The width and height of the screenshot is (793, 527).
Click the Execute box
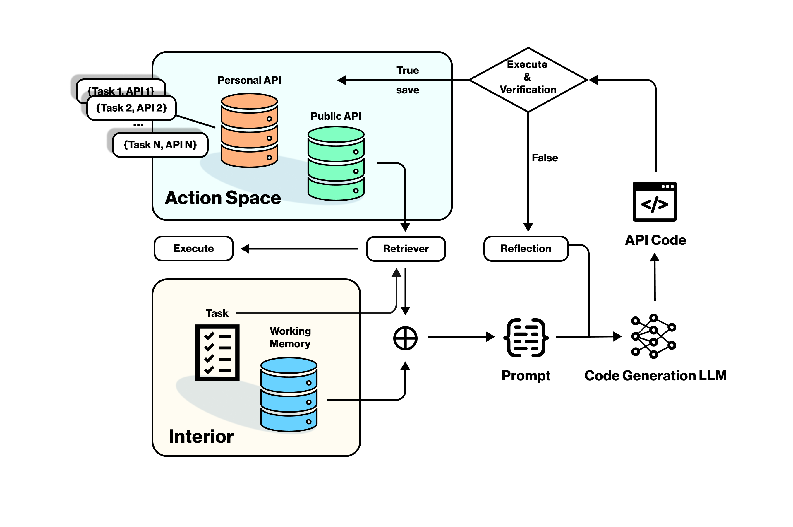click(x=193, y=248)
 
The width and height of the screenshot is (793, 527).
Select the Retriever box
click(x=406, y=249)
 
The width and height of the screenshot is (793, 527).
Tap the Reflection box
click(x=526, y=248)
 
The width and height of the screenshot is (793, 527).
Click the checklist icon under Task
click(x=217, y=353)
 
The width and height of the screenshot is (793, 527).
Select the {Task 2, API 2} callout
click(x=131, y=108)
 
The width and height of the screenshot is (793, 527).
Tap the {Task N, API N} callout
click(x=160, y=145)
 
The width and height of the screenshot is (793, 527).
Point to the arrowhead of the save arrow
click(x=342, y=80)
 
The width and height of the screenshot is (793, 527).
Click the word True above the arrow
click(x=407, y=70)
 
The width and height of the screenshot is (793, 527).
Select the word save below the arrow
click(x=407, y=90)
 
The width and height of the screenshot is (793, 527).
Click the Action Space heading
click(x=223, y=198)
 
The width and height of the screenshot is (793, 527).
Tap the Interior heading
click(x=201, y=436)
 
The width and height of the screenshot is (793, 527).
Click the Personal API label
click(x=249, y=80)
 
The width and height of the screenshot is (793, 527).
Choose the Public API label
click(x=336, y=116)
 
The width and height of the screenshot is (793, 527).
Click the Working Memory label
click(x=290, y=337)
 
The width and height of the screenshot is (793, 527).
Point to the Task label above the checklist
click(x=217, y=313)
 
